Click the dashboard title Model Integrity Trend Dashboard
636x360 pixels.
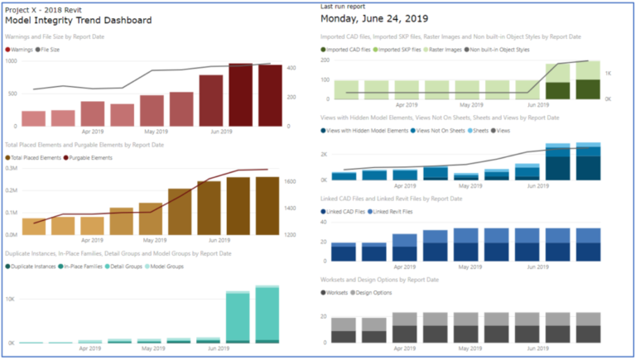point(78,20)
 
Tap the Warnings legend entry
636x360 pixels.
point(22,50)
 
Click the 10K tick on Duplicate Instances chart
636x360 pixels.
point(11,297)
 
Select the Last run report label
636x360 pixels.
point(343,7)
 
